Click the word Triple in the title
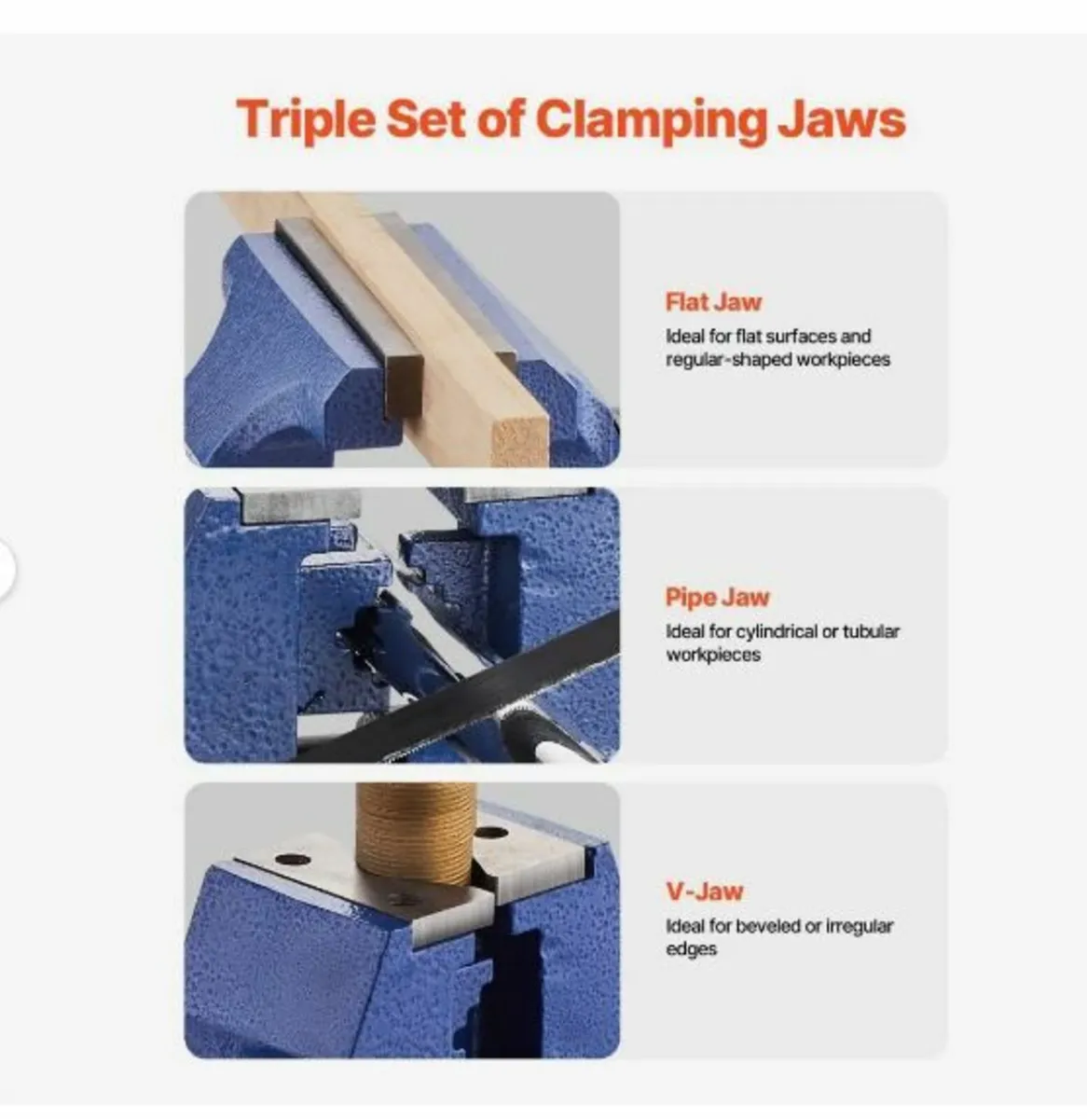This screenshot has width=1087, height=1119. pos(306,119)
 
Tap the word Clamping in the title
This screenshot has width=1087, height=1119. pos(652,119)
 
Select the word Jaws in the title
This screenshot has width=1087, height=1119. pos(842,119)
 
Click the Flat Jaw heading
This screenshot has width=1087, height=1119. pos(713,302)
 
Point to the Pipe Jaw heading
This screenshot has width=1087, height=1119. pos(717,597)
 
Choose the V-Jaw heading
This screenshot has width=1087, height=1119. pos(704,891)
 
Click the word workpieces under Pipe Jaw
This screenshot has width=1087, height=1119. pos(713,655)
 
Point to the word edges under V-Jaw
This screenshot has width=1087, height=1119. pos(691,950)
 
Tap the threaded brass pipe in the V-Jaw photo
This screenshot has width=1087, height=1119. pos(417,833)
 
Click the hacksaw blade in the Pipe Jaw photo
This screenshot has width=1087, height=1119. pos(460,690)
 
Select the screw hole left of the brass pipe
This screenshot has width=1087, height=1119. pos(293,861)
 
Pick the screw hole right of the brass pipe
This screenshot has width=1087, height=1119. pos(491,833)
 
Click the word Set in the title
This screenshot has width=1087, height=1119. pos(425,119)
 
